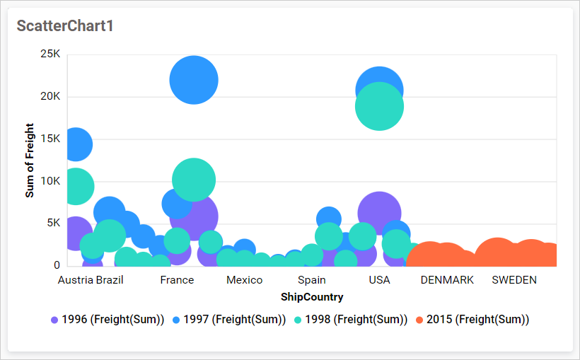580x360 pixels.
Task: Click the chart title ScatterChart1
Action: coord(65,26)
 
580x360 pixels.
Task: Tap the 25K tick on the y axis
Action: coord(50,54)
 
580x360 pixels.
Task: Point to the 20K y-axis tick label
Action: coord(50,97)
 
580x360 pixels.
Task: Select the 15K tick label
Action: coord(50,139)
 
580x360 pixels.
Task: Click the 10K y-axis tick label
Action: coord(50,181)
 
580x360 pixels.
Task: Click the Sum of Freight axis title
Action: coord(30,160)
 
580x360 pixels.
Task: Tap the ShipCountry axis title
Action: coord(312,296)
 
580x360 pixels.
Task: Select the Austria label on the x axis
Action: coord(75,279)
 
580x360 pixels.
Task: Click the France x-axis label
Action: coord(177,279)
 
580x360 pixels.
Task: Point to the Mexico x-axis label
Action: coord(244,279)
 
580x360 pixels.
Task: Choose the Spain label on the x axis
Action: coord(312,279)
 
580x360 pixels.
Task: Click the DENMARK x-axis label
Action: coord(447,279)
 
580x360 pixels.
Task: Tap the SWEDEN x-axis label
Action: coord(514,279)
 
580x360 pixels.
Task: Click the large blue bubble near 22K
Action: coord(194,79)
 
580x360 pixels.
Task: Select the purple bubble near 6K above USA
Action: coord(379,213)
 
